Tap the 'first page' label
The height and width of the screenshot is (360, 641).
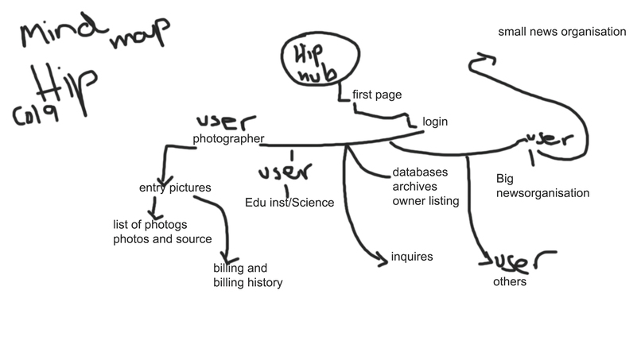(377, 95)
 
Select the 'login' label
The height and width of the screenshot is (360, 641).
(435, 122)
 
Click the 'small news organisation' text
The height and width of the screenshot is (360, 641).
(562, 33)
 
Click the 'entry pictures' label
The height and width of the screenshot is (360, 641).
(175, 188)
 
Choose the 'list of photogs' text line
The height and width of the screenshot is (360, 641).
(150, 224)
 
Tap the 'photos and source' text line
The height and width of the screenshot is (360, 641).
(162, 238)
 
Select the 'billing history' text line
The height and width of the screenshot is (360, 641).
(247, 282)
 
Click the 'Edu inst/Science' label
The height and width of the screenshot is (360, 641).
(289, 203)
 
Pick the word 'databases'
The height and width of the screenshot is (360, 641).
(420, 172)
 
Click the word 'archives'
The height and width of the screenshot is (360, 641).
(414, 187)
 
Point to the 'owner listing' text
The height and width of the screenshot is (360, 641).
(425, 201)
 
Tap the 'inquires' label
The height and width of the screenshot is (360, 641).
(412, 257)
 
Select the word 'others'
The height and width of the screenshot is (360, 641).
(510, 281)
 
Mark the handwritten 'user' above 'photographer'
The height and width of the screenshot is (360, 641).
(227, 122)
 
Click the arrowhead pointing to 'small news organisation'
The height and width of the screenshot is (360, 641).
(483, 59)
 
